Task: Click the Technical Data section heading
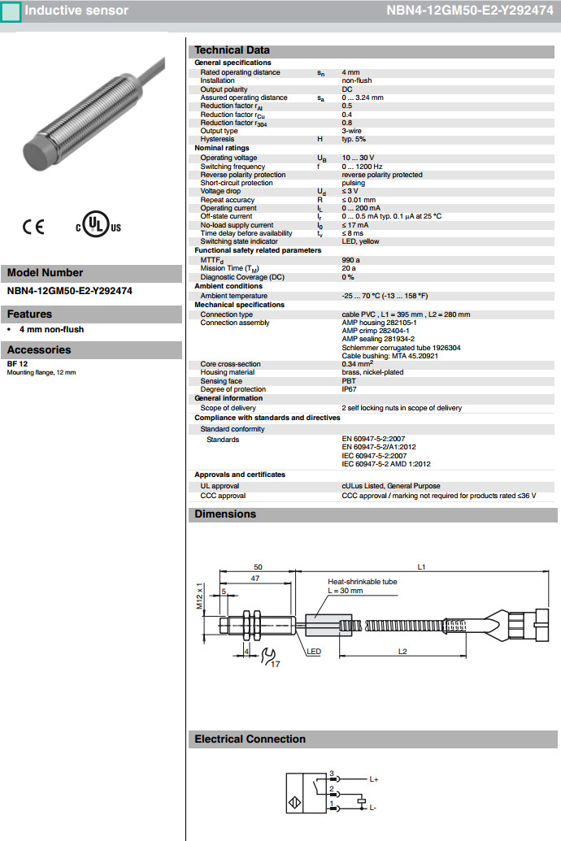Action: [x=232, y=50]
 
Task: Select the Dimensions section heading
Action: [x=225, y=514]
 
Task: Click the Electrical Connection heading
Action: [x=250, y=739]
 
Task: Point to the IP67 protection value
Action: [x=350, y=389]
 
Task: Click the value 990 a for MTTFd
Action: [x=350, y=260]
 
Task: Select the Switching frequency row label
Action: [x=233, y=167]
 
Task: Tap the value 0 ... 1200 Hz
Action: [x=361, y=167]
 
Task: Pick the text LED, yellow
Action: [x=360, y=241]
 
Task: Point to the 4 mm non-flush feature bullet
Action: [x=51, y=330]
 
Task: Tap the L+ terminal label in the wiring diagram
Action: [x=374, y=779]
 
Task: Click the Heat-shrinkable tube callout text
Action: [x=362, y=582]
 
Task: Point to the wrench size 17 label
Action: [x=276, y=665]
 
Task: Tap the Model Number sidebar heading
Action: [x=45, y=273]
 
